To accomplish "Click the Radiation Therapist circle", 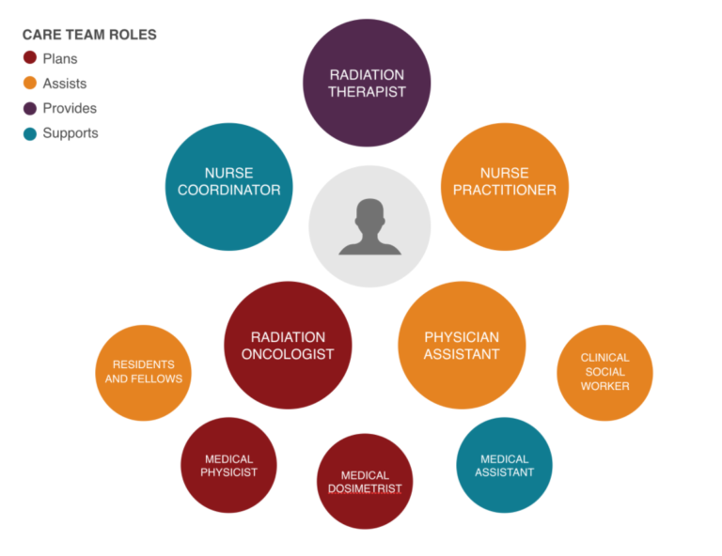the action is (x=367, y=83).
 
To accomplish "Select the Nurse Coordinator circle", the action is (x=228, y=187).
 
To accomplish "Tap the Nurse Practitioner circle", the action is (x=505, y=187).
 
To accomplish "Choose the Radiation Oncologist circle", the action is (x=288, y=346).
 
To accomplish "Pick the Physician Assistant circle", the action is (x=462, y=346).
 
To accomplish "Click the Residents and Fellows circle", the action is (x=143, y=373).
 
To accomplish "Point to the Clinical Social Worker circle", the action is (x=604, y=373).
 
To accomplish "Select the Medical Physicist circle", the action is (x=228, y=465).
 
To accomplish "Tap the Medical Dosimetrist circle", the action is (x=365, y=482).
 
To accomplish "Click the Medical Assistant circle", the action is (x=504, y=465).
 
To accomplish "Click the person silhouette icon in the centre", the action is (x=369, y=226).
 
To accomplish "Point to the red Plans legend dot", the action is (x=30, y=58).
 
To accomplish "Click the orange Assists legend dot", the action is (x=30, y=84).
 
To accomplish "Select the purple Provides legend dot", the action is (x=30, y=109).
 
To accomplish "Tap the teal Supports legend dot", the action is (x=30, y=133).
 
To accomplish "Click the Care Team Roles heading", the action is (x=90, y=35).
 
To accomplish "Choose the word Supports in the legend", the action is (x=71, y=133).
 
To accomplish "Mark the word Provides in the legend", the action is (x=70, y=108).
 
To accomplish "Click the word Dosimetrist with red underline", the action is (x=365, y=488).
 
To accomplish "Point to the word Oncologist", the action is (x=288, y=354).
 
